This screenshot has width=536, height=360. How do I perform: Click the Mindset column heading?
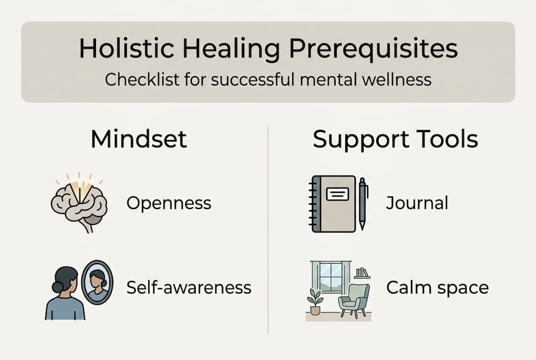139,140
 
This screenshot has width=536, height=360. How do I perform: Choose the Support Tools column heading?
395,140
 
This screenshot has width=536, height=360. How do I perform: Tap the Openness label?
169,203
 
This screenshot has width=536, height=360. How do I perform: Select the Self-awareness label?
189,287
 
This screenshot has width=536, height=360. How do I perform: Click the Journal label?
417,203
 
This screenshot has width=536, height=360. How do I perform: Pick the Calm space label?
437,288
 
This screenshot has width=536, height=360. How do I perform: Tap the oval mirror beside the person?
97,282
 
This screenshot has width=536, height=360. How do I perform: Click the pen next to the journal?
363,202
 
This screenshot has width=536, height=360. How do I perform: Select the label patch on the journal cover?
337,193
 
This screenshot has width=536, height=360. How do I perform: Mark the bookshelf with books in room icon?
362,273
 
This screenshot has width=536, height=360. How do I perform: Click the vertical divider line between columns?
268,230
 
